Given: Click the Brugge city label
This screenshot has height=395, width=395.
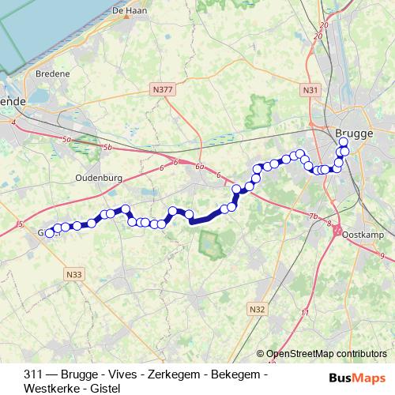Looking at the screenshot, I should tap(353, 134).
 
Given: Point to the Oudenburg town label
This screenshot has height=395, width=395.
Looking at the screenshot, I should tap(98, 179).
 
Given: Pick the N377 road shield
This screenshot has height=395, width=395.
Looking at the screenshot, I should tap(164, 91).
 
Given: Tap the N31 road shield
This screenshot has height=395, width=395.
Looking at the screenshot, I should tap(310, 91).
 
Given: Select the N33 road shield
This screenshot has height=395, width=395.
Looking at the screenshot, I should tap(74, 274).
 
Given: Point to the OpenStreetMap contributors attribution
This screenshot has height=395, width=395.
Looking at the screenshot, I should tap(326, 354).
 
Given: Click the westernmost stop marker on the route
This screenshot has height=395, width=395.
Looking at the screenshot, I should tap(50, 233).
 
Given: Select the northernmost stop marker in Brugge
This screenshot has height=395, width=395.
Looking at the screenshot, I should tap(343, 142).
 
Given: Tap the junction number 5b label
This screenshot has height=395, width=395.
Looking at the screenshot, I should tap(107, 148).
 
